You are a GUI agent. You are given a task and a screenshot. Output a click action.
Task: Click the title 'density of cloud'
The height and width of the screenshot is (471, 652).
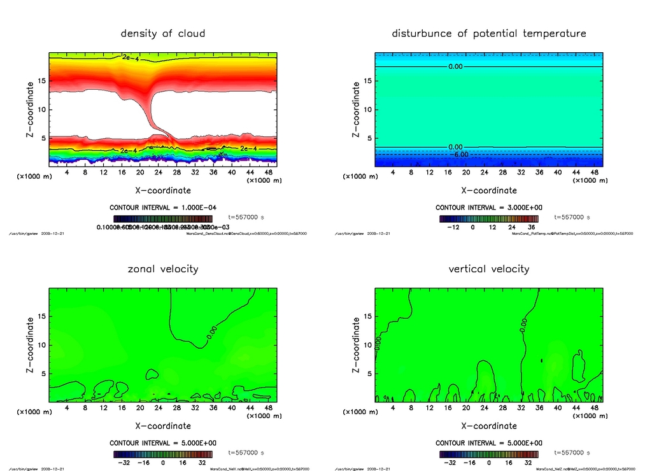(163, 33)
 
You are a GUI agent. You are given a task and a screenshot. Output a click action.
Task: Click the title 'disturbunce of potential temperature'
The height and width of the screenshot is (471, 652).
(489, 33)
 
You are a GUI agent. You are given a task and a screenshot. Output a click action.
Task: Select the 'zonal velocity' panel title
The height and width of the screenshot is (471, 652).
(163, 269)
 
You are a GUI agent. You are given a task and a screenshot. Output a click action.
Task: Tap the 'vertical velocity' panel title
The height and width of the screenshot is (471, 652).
(489, 269)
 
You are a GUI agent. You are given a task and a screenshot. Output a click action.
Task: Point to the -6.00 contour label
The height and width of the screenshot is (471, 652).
(459, 154)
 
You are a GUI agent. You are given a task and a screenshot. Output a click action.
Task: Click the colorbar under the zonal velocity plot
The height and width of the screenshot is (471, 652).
(163, 454)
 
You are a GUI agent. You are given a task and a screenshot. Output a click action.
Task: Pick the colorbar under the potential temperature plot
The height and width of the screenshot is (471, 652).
(489, 218)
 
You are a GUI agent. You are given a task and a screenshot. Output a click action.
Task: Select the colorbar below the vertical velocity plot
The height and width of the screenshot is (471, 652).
(489, 454)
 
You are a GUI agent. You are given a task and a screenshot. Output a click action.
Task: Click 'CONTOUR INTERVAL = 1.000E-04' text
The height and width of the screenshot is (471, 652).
(163, 207)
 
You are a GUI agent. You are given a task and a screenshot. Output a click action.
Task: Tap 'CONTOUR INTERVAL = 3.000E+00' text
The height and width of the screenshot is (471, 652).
(489, 207)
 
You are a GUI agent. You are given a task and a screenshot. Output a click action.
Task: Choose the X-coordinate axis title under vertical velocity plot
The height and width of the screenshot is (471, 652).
(489, 426)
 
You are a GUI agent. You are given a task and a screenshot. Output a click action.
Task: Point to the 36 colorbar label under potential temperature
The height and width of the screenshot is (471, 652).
(532, 227)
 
